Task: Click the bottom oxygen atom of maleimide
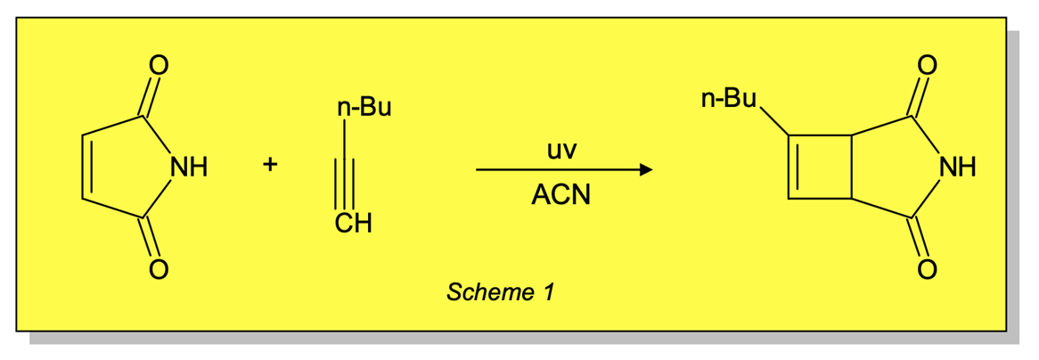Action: tap(159, 268)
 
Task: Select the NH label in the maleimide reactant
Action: tap(188, 168)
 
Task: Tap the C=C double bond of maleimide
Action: tap(84, 168)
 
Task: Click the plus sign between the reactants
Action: tap(271, 165)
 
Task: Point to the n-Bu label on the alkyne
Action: tap(364, 110)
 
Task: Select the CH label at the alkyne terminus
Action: tap(353, 225)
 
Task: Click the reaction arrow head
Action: tap(645, 169)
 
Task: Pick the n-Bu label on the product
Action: tap(727, 98)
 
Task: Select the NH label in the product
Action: tap(957, 168)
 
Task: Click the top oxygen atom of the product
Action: tap(927, 65)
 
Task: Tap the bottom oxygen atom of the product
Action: tap(927, 268)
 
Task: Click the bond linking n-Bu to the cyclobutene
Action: tap(773, 121)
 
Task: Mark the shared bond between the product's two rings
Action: tap(851, 168)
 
